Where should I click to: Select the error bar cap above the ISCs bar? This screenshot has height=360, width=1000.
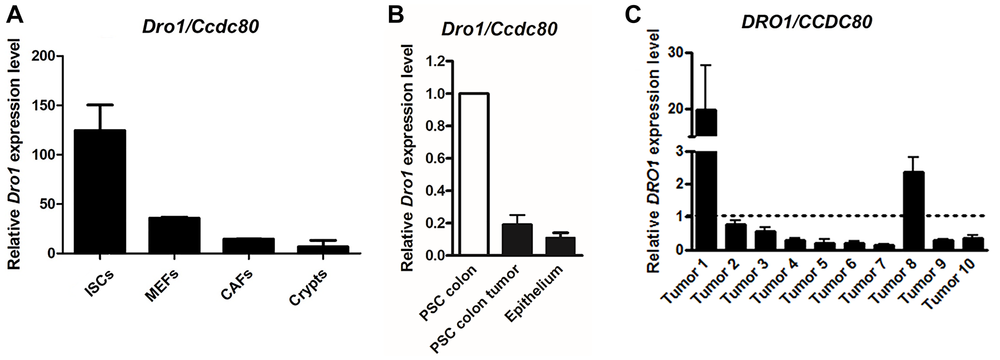coord(100,105)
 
